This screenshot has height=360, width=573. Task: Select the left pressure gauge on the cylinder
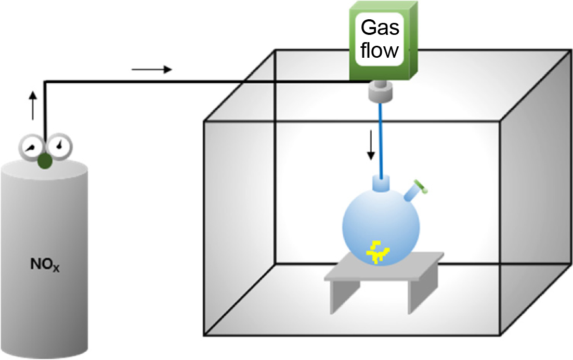click(30, 147)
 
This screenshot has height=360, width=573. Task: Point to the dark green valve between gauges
click(45, 161)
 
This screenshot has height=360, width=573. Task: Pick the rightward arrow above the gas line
click(151, 69)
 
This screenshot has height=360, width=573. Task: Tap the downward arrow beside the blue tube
click(371, 146)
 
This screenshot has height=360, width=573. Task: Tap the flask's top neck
click(382, 185)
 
